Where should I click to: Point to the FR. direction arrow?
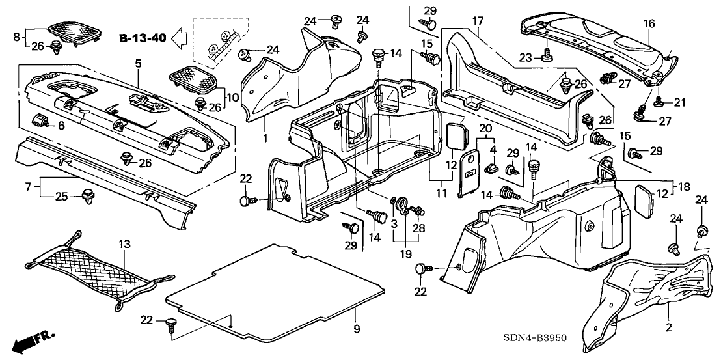coord(32,340)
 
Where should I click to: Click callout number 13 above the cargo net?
coord(124,244)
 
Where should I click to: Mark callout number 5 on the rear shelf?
coord(138,63)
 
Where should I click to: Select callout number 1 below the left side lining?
coord(265,139)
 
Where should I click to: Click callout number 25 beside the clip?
coord(61,197)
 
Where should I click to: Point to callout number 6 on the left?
coord(61,126)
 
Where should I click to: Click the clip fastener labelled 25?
coord(87,195)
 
